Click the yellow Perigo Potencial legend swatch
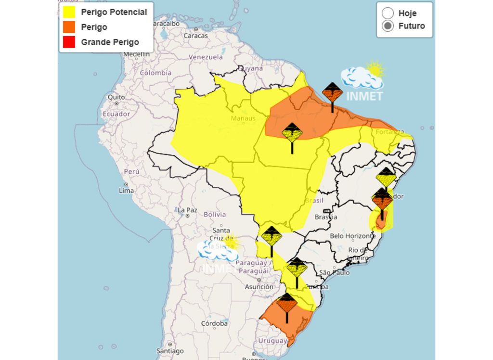pyautogui.click(x=69, y=12)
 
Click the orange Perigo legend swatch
pyautogui.click(x=69, y=27)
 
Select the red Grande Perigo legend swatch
pyautogui.click(x=69, y=42)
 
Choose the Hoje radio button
pyautogui.click(x=388, y=13)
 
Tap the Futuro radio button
pyautogui.click(x=388, y=26)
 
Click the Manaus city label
pyautogui.click(x=243, y=118)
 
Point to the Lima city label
pyautogui.click(x=127, y=191)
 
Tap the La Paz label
pyautogui.click(x=187, y=210)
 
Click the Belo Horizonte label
pyautogui.click(x=352, y=236)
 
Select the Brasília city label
pyautogui.click(x=326, y=217)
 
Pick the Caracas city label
pyautogui.click(x=195, y=36)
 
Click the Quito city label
pyautogui.click(x=116, y=97)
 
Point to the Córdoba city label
pyautogui.click(x=215, y=323)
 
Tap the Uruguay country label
pyautogui.click(x=272, y=340)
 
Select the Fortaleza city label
pyautogui.click(x=390, y=132)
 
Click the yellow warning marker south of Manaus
pyautogui.click(x=292, y=137)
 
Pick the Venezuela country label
pyautogui.click(x=206, y=57)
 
